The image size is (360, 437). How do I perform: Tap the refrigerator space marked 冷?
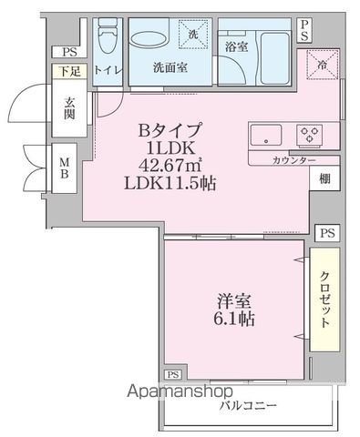(322, 66)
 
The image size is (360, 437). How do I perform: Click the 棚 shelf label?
(324, 179)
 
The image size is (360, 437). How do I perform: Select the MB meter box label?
(65, 169)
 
